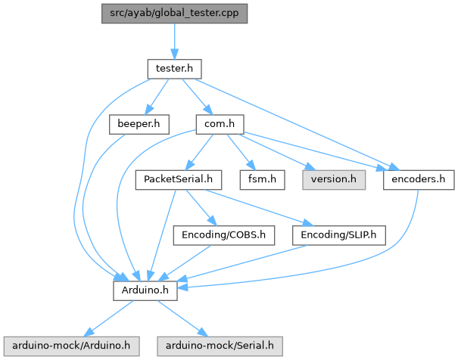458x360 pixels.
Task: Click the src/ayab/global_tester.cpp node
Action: [174, 14]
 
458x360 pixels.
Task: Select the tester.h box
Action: [174, 69]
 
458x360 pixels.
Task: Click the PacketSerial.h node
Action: [178, 180]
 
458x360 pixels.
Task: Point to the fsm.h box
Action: [262, 180]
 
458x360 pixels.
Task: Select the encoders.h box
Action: [419, 180]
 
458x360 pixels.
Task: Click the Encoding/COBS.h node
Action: [223, 235]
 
